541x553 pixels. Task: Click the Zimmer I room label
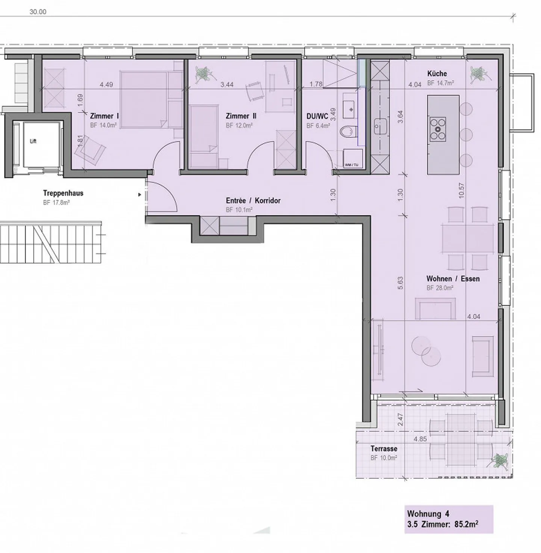coord(104,116)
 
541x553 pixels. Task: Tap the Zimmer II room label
coord(241,116)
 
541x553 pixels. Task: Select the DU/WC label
coord(317,117)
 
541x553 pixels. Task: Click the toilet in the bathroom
coord(348,132)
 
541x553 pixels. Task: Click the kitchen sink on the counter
coord(379,127)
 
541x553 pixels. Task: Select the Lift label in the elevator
coord(33,142)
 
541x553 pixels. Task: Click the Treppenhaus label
coord(63,193)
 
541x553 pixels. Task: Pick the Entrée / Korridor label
coord(253,201)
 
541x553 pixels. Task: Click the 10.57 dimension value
coord(462,191)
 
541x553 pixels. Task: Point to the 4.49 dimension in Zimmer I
coord(106,85)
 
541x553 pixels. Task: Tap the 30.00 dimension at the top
coord(38,12)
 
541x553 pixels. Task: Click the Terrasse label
coord(384,449)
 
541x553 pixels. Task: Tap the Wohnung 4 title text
coord(428,514)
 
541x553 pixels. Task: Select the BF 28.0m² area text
coord(440,288)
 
